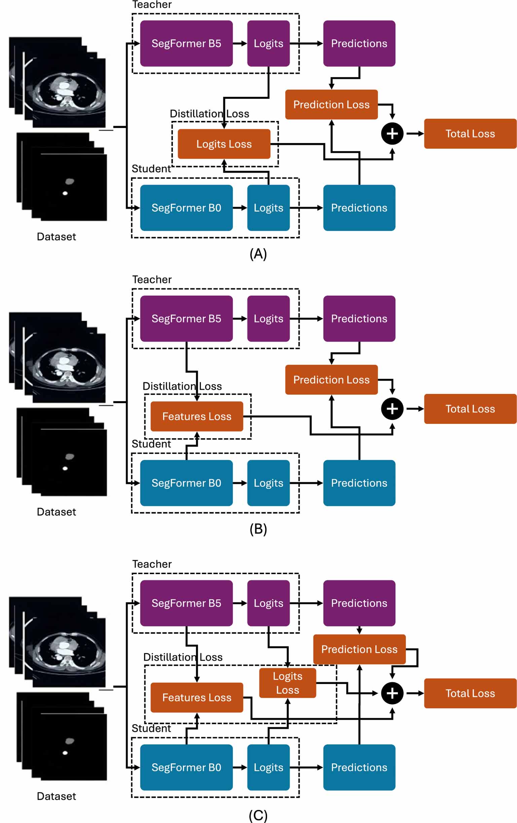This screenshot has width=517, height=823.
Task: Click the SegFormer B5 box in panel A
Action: click(x=186, y=43)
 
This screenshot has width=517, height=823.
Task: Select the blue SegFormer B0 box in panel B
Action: click(x=186, y=482)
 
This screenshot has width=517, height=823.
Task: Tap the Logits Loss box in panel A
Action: click(x=224, y=144)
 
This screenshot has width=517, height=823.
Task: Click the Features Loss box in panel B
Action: click(x=197, y=416)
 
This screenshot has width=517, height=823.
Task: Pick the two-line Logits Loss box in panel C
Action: click(x=288, y=683)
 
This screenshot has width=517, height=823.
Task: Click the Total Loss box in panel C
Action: click(x=470, y=693)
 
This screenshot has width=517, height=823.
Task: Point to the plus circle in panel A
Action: click(x=392, y=133)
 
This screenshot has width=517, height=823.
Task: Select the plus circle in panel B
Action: click(x=392, y=409)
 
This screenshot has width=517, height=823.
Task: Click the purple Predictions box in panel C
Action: click(x=359, y=603)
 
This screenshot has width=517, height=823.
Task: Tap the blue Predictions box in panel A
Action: click(x=359, y=208)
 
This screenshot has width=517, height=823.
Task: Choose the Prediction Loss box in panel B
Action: click(x=331, y=379)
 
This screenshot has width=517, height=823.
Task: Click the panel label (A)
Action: click(x=258, y=254)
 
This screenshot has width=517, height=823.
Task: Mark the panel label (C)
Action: click(x=258, y=816)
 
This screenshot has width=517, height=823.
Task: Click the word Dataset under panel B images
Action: click(x=57, y=512)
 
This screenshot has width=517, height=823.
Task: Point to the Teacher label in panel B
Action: click(x=152, y=279)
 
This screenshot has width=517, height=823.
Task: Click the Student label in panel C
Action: click(x=151, y=728)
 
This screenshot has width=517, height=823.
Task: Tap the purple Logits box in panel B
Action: click(x=268, y=318)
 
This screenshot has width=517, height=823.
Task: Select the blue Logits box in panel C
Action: click(x=268, y=767)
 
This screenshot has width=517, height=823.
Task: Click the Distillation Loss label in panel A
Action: click(x=209, y=114)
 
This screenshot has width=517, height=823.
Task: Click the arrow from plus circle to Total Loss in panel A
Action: click(x=414, y=133)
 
